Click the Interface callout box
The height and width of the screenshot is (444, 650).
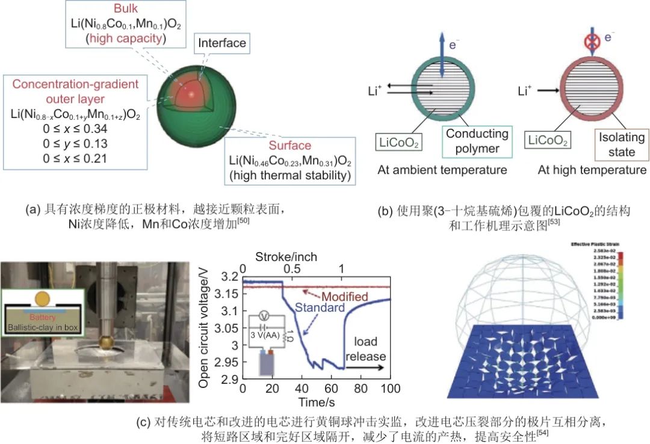tap(222, 43)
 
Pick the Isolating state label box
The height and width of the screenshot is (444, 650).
tap(621, 144)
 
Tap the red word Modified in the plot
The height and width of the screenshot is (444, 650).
tap(345, 298)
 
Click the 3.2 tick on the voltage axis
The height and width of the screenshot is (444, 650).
tap(231, 277)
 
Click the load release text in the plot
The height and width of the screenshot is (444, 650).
tap(365, 348)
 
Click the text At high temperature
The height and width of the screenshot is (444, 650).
tap(592, 170)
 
